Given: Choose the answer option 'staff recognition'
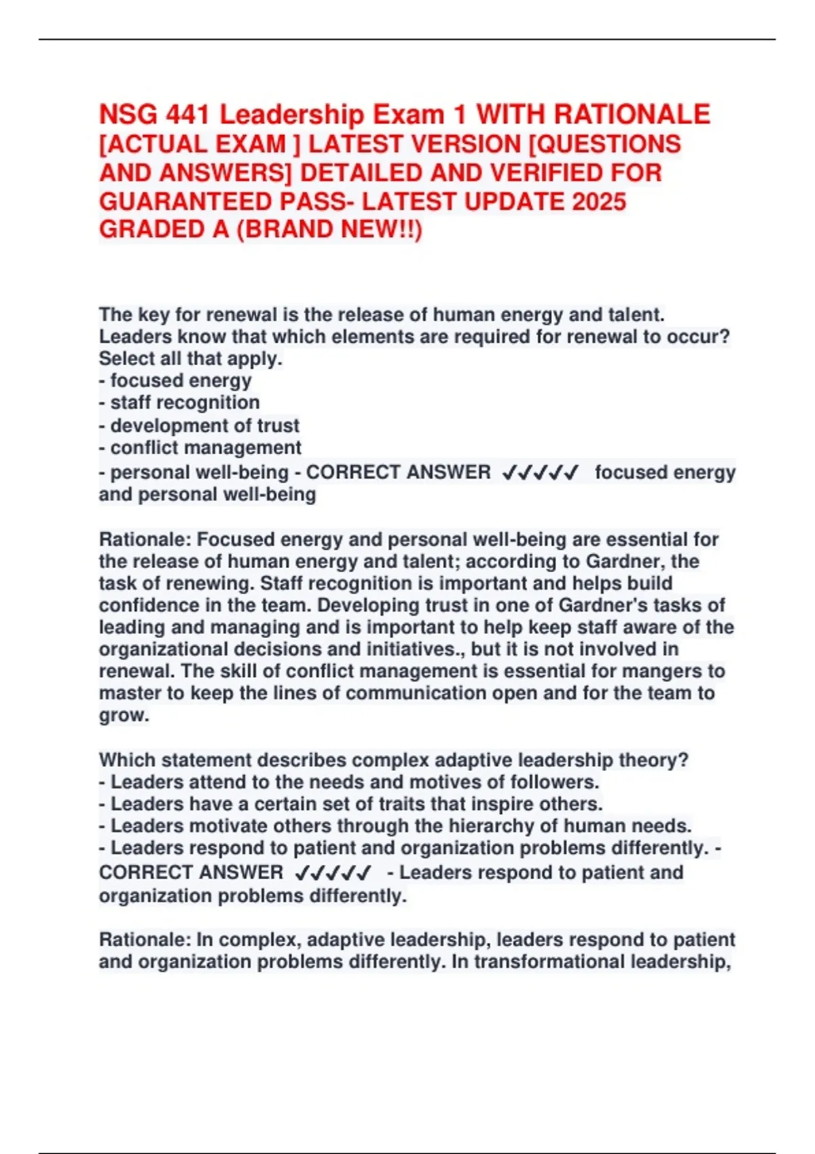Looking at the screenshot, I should point(185,403).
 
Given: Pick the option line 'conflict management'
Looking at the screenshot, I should point(206,448).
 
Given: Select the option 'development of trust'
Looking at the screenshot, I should point(204,426).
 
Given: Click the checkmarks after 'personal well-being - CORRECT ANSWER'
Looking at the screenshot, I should point(540,472).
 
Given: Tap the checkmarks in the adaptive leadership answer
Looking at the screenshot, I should point(333,873).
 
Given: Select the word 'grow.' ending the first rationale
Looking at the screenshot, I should point(124,715).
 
